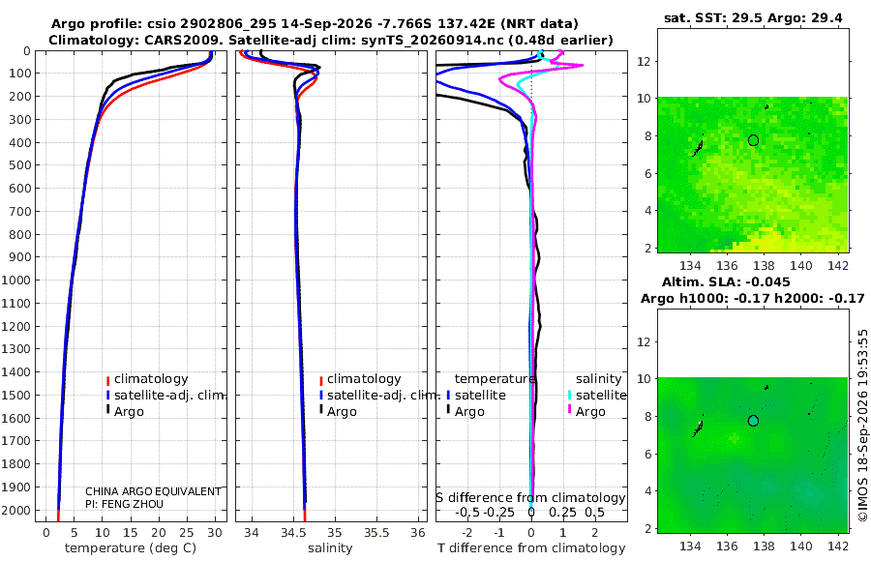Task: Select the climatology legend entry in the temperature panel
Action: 147,379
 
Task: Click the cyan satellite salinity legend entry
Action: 597,395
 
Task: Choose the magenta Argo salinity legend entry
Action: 586,412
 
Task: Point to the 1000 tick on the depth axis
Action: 16,280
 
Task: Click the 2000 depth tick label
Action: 16,510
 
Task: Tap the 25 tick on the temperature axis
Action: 187,533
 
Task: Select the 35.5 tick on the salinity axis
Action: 376,533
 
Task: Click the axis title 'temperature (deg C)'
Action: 131,548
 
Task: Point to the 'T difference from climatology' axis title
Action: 531,548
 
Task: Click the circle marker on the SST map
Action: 753,140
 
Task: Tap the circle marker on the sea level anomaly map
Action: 753,421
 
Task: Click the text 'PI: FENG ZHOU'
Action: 125,504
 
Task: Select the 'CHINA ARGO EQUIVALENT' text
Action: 153,491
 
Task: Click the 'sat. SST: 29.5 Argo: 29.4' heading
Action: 753,18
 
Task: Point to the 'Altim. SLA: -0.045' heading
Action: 726,282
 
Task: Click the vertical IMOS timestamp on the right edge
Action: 862,426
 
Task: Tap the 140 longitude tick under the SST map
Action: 801,266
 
